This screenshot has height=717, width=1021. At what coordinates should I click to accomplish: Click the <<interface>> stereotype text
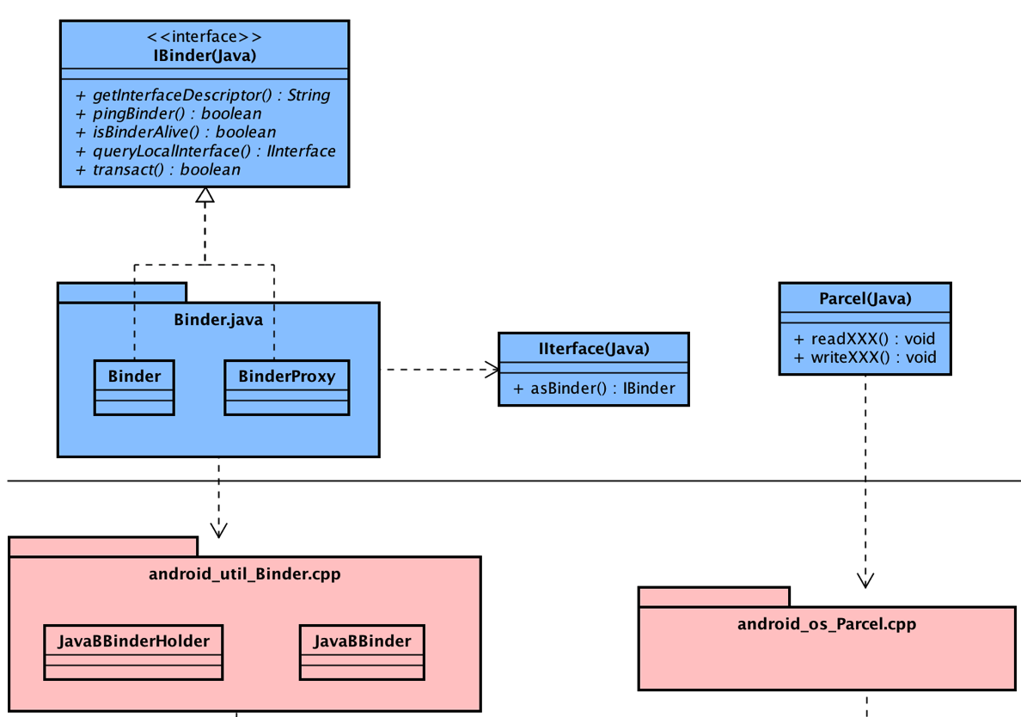click(x=204, y=37)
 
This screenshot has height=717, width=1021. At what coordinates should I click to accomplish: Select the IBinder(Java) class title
click(x=204, y=56)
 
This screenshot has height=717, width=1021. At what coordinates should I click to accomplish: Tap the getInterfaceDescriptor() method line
click(x=211, y=95)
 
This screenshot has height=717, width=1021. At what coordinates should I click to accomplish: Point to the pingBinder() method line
click(x=176, y=113)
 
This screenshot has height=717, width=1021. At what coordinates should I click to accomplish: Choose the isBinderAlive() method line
click(x=184, y=132)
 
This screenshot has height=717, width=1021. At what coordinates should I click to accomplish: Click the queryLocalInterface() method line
click(x=213, y=151)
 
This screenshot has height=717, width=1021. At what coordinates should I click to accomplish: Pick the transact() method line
click(x=166, y=170)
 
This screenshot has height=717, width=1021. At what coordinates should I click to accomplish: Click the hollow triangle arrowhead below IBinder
click(x=205, y=196)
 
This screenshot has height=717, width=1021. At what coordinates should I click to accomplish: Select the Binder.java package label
click(x=218, y=320)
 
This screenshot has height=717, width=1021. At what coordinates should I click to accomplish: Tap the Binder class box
click(x=134, y=387)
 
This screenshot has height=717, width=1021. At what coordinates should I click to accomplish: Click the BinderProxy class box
click(x=286, y=387)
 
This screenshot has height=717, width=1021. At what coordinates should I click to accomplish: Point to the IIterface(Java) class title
click(x=594, y=348)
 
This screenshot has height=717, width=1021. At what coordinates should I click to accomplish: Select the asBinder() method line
click(x=594, y=388)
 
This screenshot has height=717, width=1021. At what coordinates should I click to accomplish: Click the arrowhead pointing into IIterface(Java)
click(x=492, y=370)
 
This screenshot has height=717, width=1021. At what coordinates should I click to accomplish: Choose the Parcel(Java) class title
click(x=865, y=298)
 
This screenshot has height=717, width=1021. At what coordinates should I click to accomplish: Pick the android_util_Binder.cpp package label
click(x=245, y=573)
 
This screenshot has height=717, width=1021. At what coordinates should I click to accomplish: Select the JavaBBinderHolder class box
click(x=133, y=651)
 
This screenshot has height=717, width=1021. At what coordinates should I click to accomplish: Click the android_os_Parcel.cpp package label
click(x=827, y=623)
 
